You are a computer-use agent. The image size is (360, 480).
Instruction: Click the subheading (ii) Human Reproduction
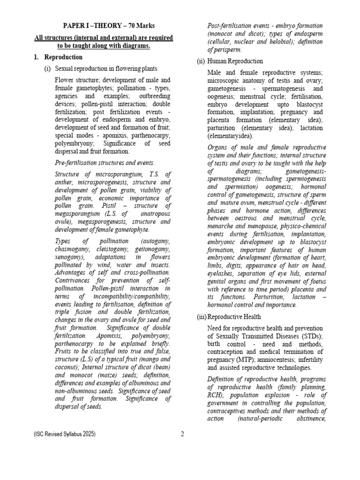click(x=230, y=61)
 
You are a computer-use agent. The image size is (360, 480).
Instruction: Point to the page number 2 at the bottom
click(x=182, y=434)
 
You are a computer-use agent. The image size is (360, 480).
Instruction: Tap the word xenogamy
click(x=70, y=257)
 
